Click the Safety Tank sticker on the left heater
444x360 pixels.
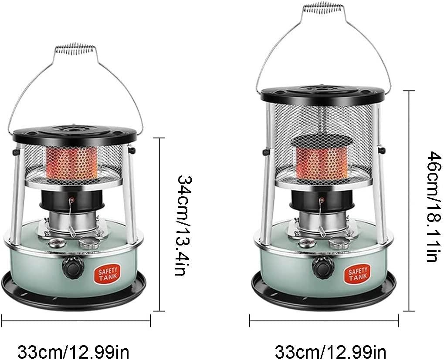coord(108,273)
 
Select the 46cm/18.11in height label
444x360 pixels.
coord(434,207)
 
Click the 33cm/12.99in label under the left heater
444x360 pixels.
coord(73,352)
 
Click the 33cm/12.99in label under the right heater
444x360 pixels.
coord(330,352)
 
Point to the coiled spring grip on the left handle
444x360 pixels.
coord(75,49)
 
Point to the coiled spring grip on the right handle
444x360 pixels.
coord(324,8)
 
